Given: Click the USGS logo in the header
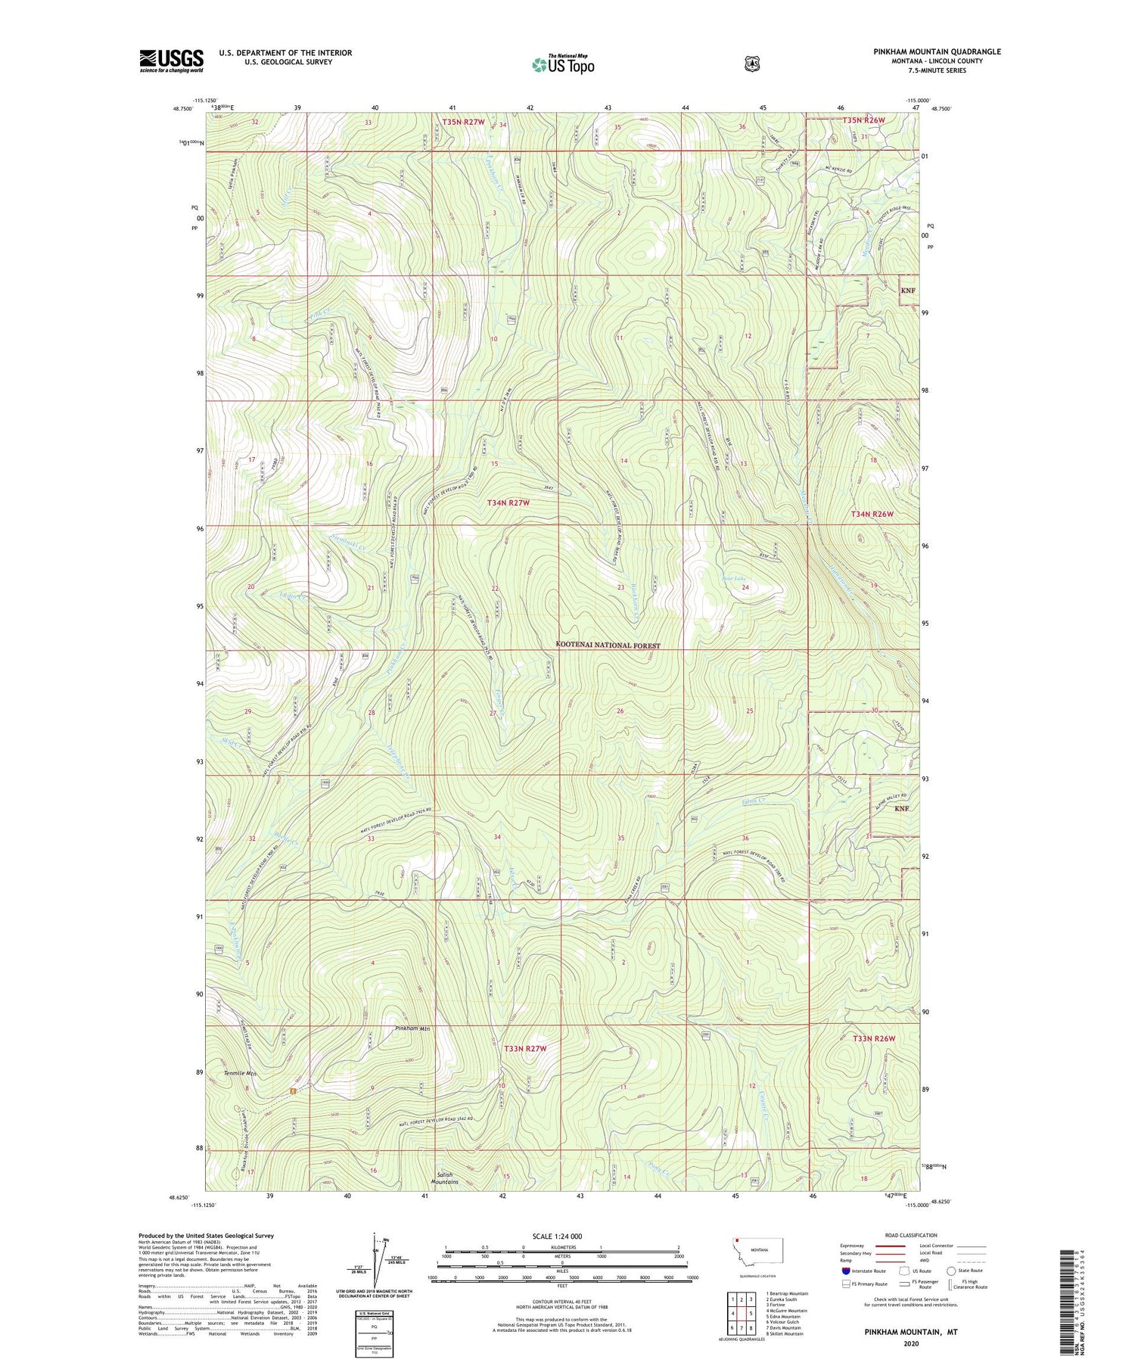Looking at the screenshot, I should click(x=172, y=61).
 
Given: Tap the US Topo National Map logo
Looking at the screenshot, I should click(x=563, y=64).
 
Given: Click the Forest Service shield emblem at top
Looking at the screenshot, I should click(x=751, y=64).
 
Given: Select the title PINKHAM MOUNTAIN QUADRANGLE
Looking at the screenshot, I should click(x=935, y=51).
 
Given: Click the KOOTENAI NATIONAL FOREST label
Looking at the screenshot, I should click(x=608, y=646).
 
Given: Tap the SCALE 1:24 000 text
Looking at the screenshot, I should click(x=557, y=1236).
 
